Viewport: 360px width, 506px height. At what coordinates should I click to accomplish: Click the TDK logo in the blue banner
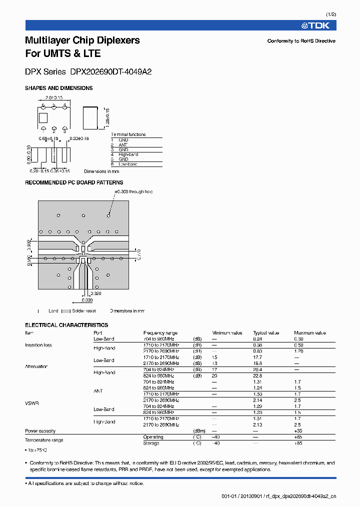(x=318, y=25)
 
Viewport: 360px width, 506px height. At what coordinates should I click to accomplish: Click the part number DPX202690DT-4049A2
(x=114, y=71)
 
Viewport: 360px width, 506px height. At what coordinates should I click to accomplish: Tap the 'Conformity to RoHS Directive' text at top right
(x=301, y=41)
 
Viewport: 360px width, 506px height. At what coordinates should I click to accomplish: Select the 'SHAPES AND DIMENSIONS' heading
(x=59, y=88)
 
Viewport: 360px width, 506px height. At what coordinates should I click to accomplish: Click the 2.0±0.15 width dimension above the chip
(x=53, y=98)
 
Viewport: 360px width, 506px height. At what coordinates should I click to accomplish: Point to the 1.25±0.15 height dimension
(x=107, y=116)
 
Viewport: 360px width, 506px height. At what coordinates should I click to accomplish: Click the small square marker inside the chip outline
(x=42, y=118)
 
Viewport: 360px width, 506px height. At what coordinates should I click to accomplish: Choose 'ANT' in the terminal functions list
(x=123, y=144)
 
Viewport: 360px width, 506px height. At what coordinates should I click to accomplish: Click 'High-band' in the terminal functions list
(x=128, y=154)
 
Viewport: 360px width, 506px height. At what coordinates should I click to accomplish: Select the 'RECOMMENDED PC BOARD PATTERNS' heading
(x=74, y=182)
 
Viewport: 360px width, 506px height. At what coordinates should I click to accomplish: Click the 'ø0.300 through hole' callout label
(x=133, y=192)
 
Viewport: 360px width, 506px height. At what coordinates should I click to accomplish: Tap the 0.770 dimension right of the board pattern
(x=139, y=253)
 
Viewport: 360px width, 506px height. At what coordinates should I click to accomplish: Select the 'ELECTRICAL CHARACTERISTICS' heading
(x=66, y=325)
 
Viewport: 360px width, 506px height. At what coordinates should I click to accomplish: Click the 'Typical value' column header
(x=266, y=333)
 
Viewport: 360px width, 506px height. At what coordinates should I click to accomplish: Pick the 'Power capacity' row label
(x=40, y=431)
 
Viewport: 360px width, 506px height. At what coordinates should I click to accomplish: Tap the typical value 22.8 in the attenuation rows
(x=257, y=376)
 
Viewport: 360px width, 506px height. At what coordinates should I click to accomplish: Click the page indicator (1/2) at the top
(x=331, y=14)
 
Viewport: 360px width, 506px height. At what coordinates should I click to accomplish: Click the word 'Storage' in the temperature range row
(x=151, y=443)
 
